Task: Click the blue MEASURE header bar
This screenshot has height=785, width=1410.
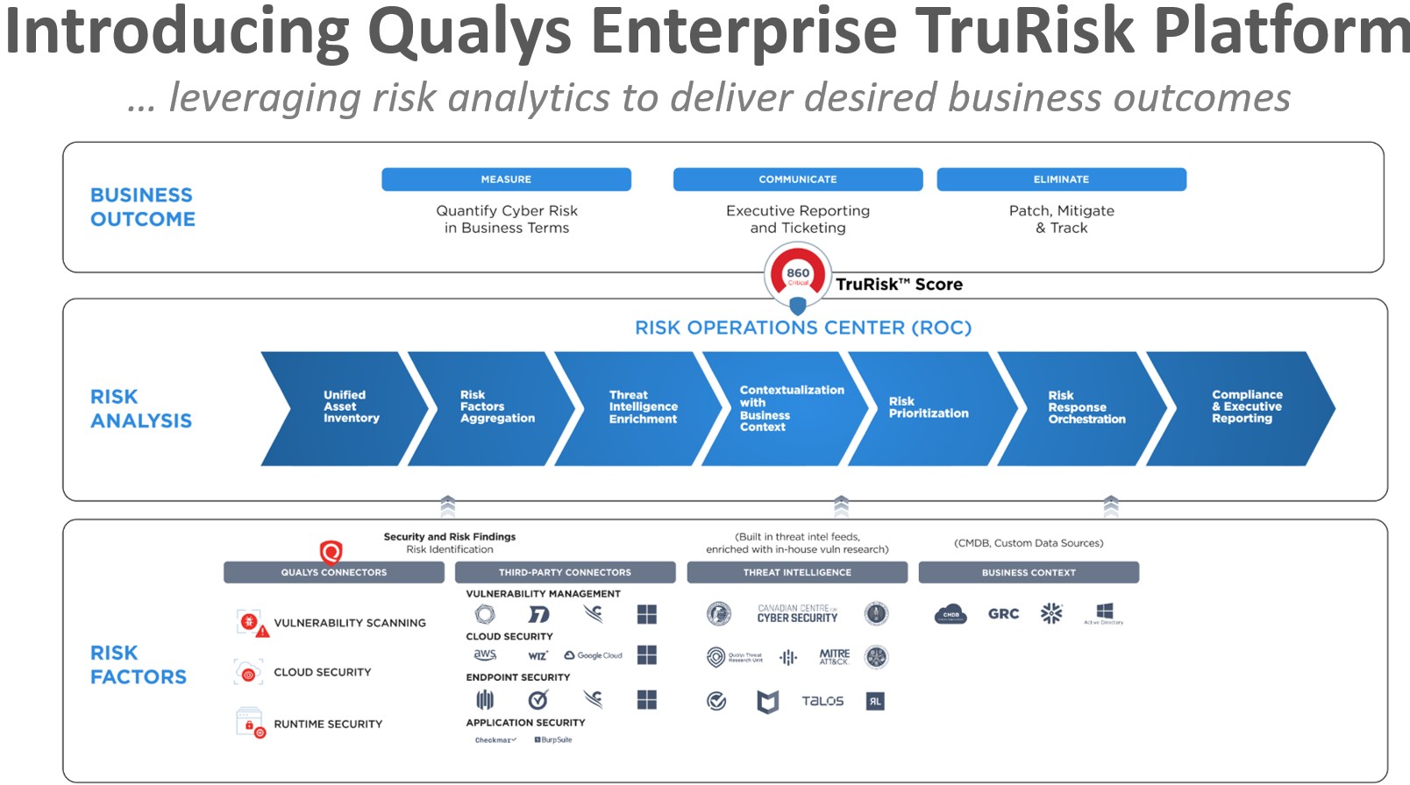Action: (x=506, y=179)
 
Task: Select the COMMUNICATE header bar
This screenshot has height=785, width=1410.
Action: (x=797, y=179)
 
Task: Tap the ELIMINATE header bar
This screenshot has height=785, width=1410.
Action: (x=1061, y=179)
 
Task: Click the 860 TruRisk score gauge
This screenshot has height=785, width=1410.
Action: (x=797, y=274)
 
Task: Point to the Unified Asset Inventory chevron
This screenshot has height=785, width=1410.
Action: (x=346, y=407)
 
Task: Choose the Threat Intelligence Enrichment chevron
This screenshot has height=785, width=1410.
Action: (x=640, y=407)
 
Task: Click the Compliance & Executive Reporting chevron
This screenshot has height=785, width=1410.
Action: (x=1245, y=407)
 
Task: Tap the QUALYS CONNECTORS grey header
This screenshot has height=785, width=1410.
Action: (x=333, y=572)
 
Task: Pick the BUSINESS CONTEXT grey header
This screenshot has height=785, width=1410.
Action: (x=1029, y=572)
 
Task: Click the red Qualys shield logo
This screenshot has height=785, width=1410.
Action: (x=331, y=552)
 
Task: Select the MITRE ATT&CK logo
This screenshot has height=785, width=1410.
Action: (x=834, y=656)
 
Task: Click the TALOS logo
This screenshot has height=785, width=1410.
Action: (x=822, y=701)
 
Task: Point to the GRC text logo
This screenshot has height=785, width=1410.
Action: (x=1003, y=614)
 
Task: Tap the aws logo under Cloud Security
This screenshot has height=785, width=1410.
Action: (x=485, y=655)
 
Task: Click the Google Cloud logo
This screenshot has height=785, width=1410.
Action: (x=594, y=655)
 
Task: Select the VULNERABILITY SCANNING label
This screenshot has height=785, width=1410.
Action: (x=349, y=623)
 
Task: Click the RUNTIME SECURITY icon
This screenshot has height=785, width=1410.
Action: (x=250, y=723)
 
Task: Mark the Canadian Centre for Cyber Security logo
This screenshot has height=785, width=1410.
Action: (x=797, y=613)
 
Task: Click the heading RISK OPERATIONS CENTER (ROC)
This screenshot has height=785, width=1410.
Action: (x=803, y=328)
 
